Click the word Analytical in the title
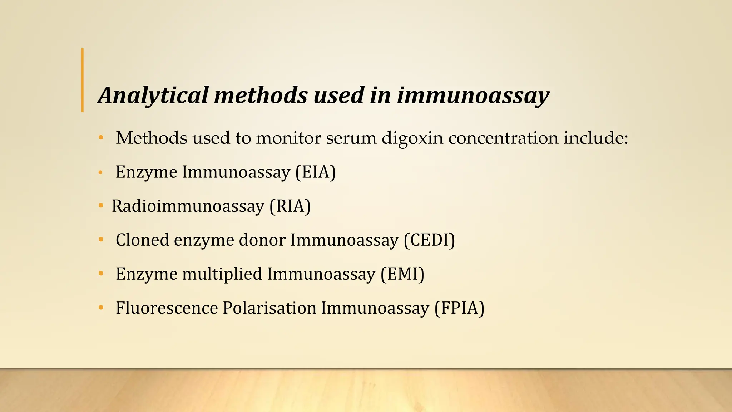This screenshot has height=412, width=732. tap(153, 96)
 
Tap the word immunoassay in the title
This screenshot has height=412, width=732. tap(473, 96)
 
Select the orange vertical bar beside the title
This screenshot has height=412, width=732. tap(83, 80)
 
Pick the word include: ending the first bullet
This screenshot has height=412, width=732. tap(595, 138)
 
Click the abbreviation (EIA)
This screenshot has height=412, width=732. tap(315, 172)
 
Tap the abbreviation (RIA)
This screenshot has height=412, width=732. tap(290, 206)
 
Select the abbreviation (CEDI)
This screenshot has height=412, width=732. tap(429, 240)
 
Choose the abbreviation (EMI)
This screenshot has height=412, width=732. tap(402, 274)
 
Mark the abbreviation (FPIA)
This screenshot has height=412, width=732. tap(459, 308)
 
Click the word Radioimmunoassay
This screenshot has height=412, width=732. tap(188, 206)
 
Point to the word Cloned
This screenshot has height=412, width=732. tap(142, 240)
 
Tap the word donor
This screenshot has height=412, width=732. tap(262, 240)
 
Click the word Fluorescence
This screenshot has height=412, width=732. tap(167, 308)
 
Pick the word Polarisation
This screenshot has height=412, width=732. tap(269, 308)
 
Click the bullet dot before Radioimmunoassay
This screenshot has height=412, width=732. tap(101, 206)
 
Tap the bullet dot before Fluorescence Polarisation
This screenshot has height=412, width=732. tap(101, 308)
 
